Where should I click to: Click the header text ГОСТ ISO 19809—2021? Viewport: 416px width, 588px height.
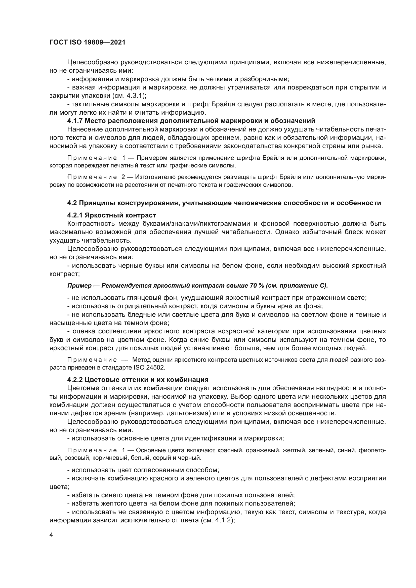[x=87, y=42]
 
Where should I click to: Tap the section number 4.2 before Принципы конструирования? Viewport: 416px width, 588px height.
[x=72, y=203]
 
